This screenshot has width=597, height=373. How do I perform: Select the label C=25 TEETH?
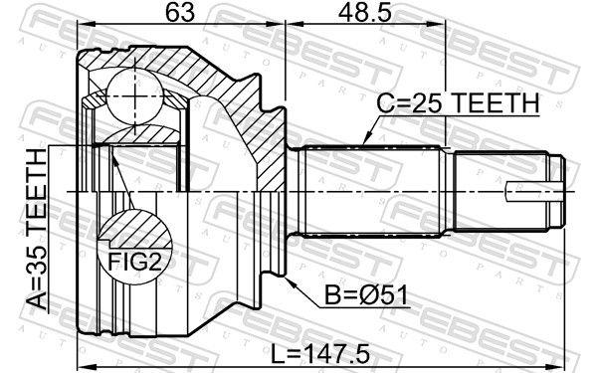(x=457, y=102)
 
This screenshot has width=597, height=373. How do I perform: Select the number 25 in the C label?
(x=419, y=102)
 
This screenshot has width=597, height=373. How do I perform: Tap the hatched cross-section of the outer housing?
(x=239, y=109)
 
